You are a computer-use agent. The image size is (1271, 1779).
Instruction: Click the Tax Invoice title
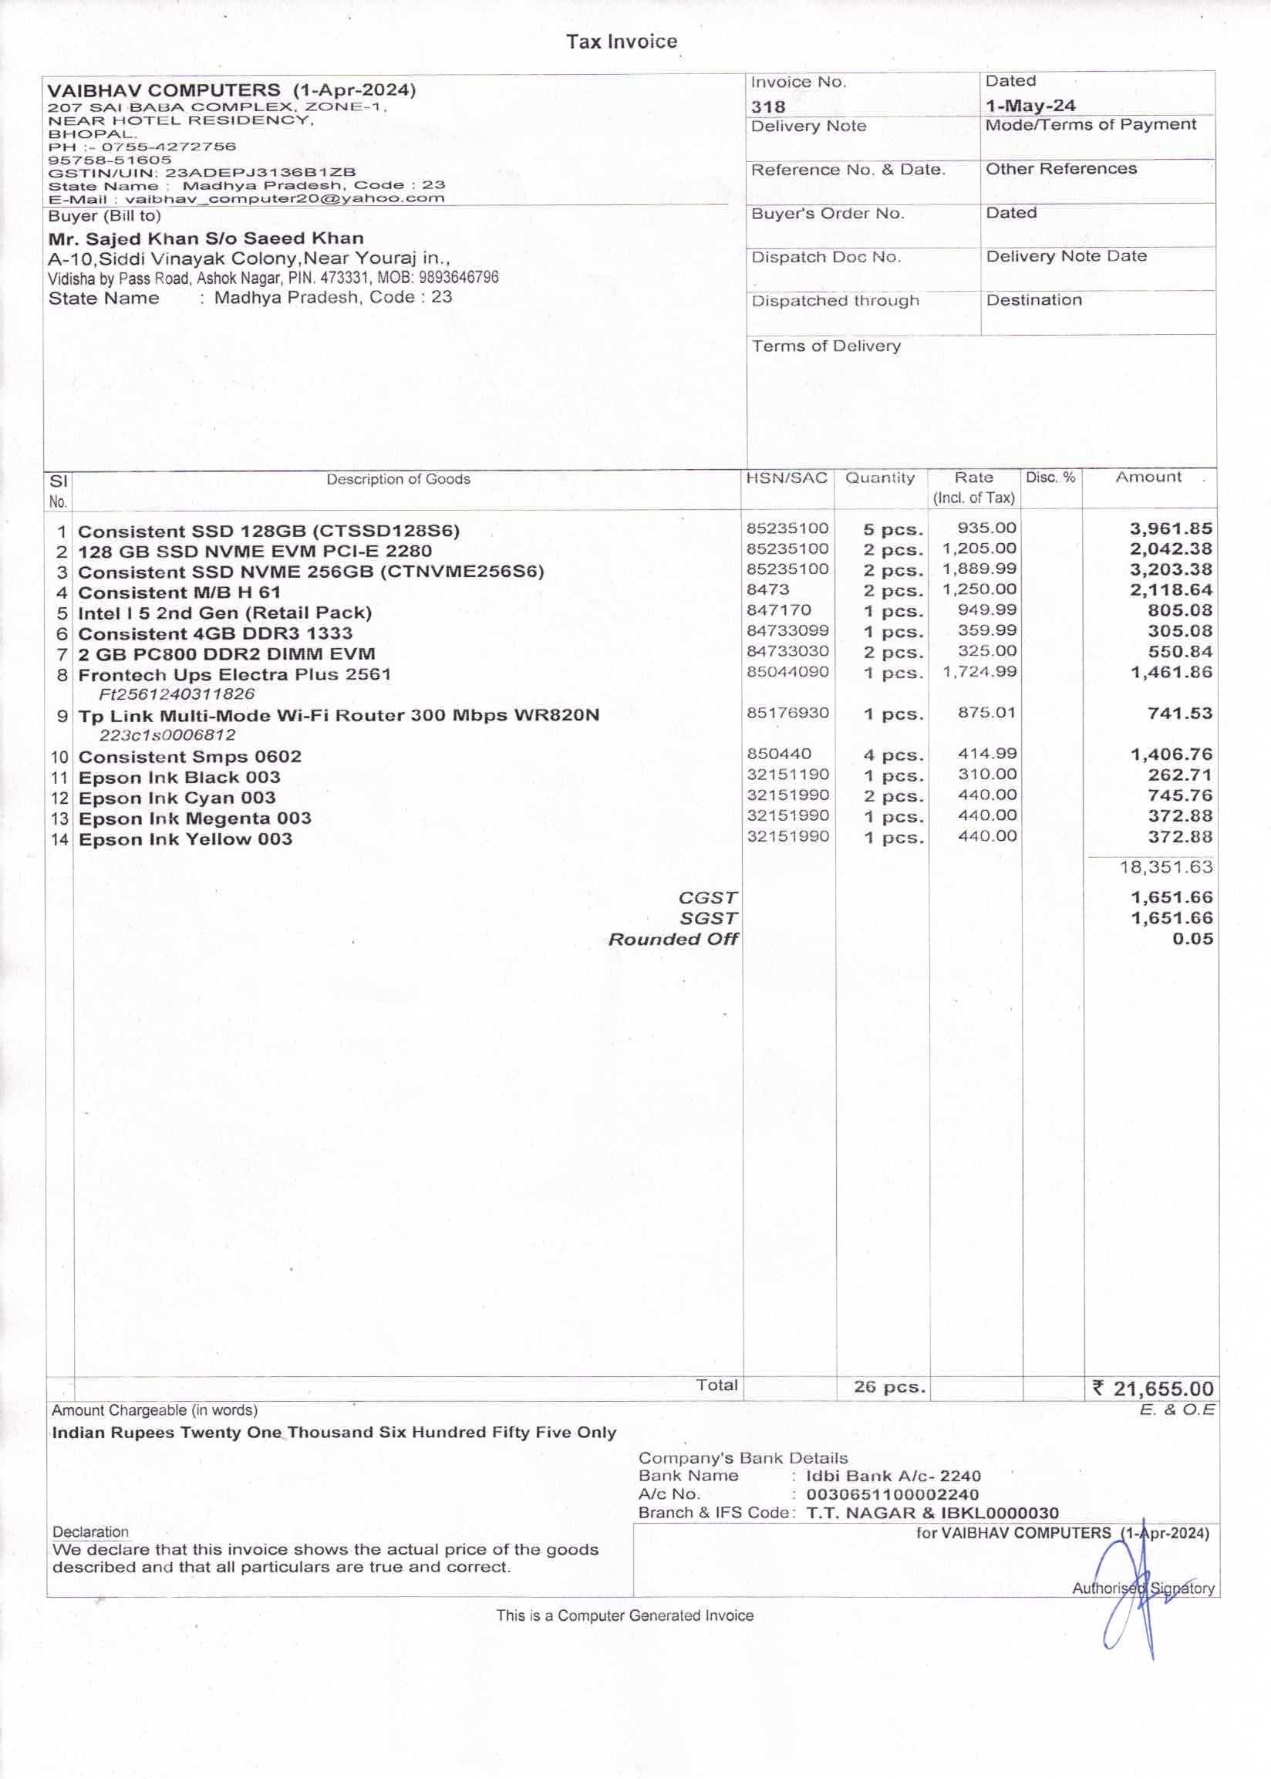pyautogui.click(x=622, y=42)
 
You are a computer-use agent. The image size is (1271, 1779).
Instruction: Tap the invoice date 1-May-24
pyautogui.click(x=1030, y=106)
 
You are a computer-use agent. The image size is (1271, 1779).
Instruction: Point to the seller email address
pyautogui.click(x=285, y=199)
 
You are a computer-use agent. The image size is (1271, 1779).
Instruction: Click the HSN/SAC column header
pyautogui.click(x=787, y=478)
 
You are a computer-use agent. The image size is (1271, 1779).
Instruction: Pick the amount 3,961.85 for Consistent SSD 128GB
pyautogui.click(x=1171, y=529)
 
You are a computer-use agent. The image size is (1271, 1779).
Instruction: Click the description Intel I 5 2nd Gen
pyautogui.click(x=224, y=613)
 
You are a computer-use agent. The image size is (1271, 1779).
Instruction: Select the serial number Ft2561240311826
pyautogui.click(x=177, y=694)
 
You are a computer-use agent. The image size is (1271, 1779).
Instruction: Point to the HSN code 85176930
pyautogui.click(x=787, y=713)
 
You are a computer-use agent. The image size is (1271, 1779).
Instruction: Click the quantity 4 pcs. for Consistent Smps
pyautogui.click(x=894, y=755)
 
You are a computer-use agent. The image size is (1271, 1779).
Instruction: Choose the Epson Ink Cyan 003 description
pyautogui.click(x=177, y=798)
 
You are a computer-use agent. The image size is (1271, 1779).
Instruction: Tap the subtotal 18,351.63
pyautogui.click(x=1166, y=867)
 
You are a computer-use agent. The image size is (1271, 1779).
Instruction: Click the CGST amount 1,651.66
pyautogui.click(x=1172, y=898)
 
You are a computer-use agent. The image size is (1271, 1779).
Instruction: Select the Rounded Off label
pyautogui.click(x=673, y=939)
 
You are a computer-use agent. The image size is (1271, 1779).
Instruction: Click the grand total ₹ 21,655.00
pyautogui.click(x=1153, y=1389)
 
